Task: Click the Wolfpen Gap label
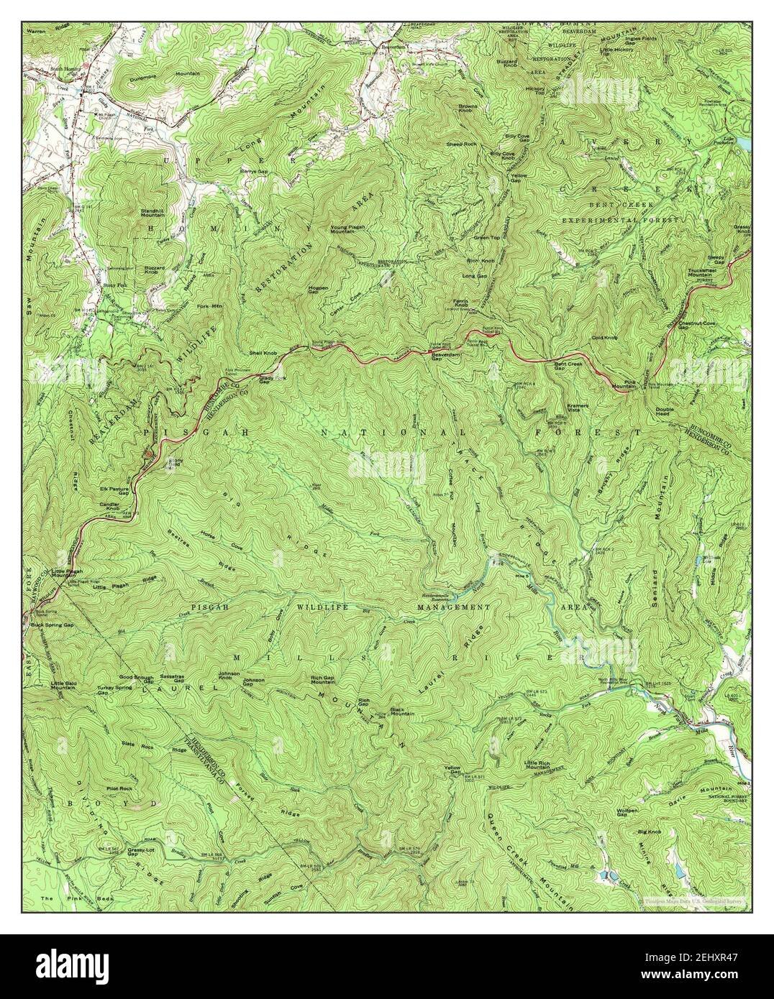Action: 627,811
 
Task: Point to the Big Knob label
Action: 649,832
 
